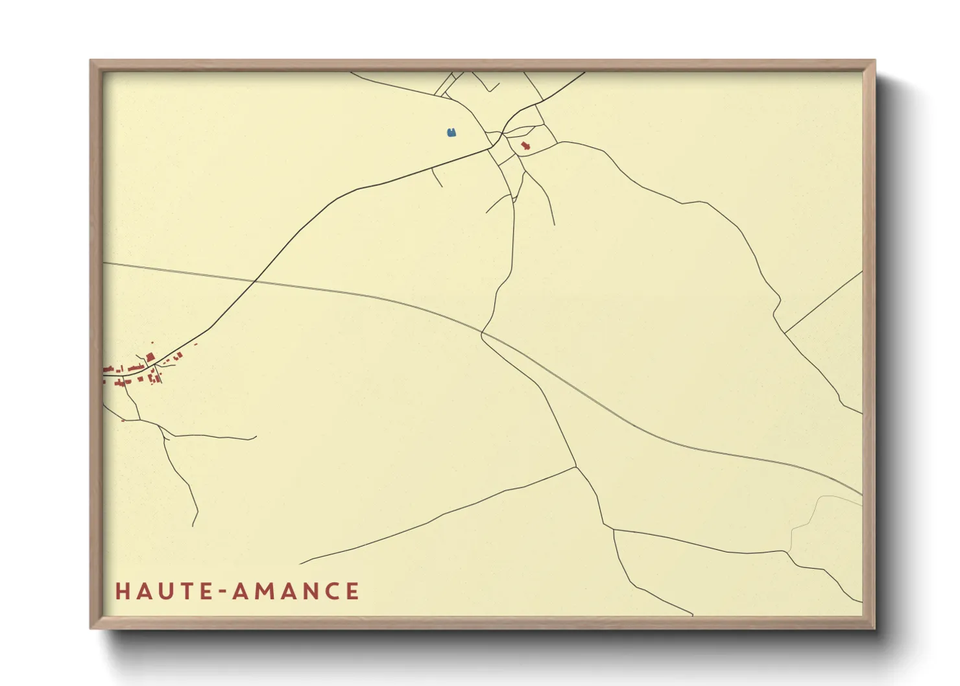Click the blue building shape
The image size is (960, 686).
tap(451, 133)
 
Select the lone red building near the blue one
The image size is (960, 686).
tap(525, 146)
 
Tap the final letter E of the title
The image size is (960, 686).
tap(353, 591)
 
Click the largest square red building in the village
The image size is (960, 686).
tap(150, 357)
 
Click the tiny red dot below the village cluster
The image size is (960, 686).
tap(123, 420)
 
